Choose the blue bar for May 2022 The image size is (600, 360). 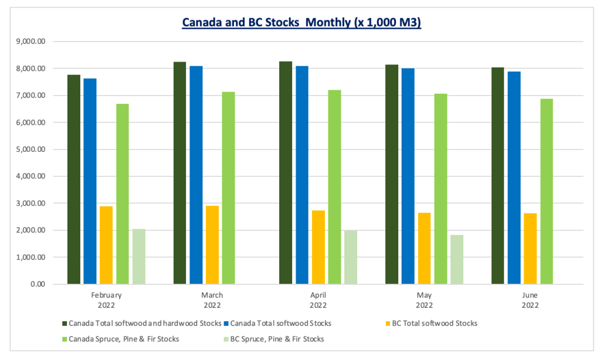click(x=408, y=176)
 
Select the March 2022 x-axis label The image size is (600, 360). click(x=212, y=300)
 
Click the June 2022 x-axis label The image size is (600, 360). click(x=530, y=300)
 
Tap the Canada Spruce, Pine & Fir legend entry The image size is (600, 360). click(x=124, y=339)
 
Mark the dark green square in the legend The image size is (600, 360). click(x=64, y=323)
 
